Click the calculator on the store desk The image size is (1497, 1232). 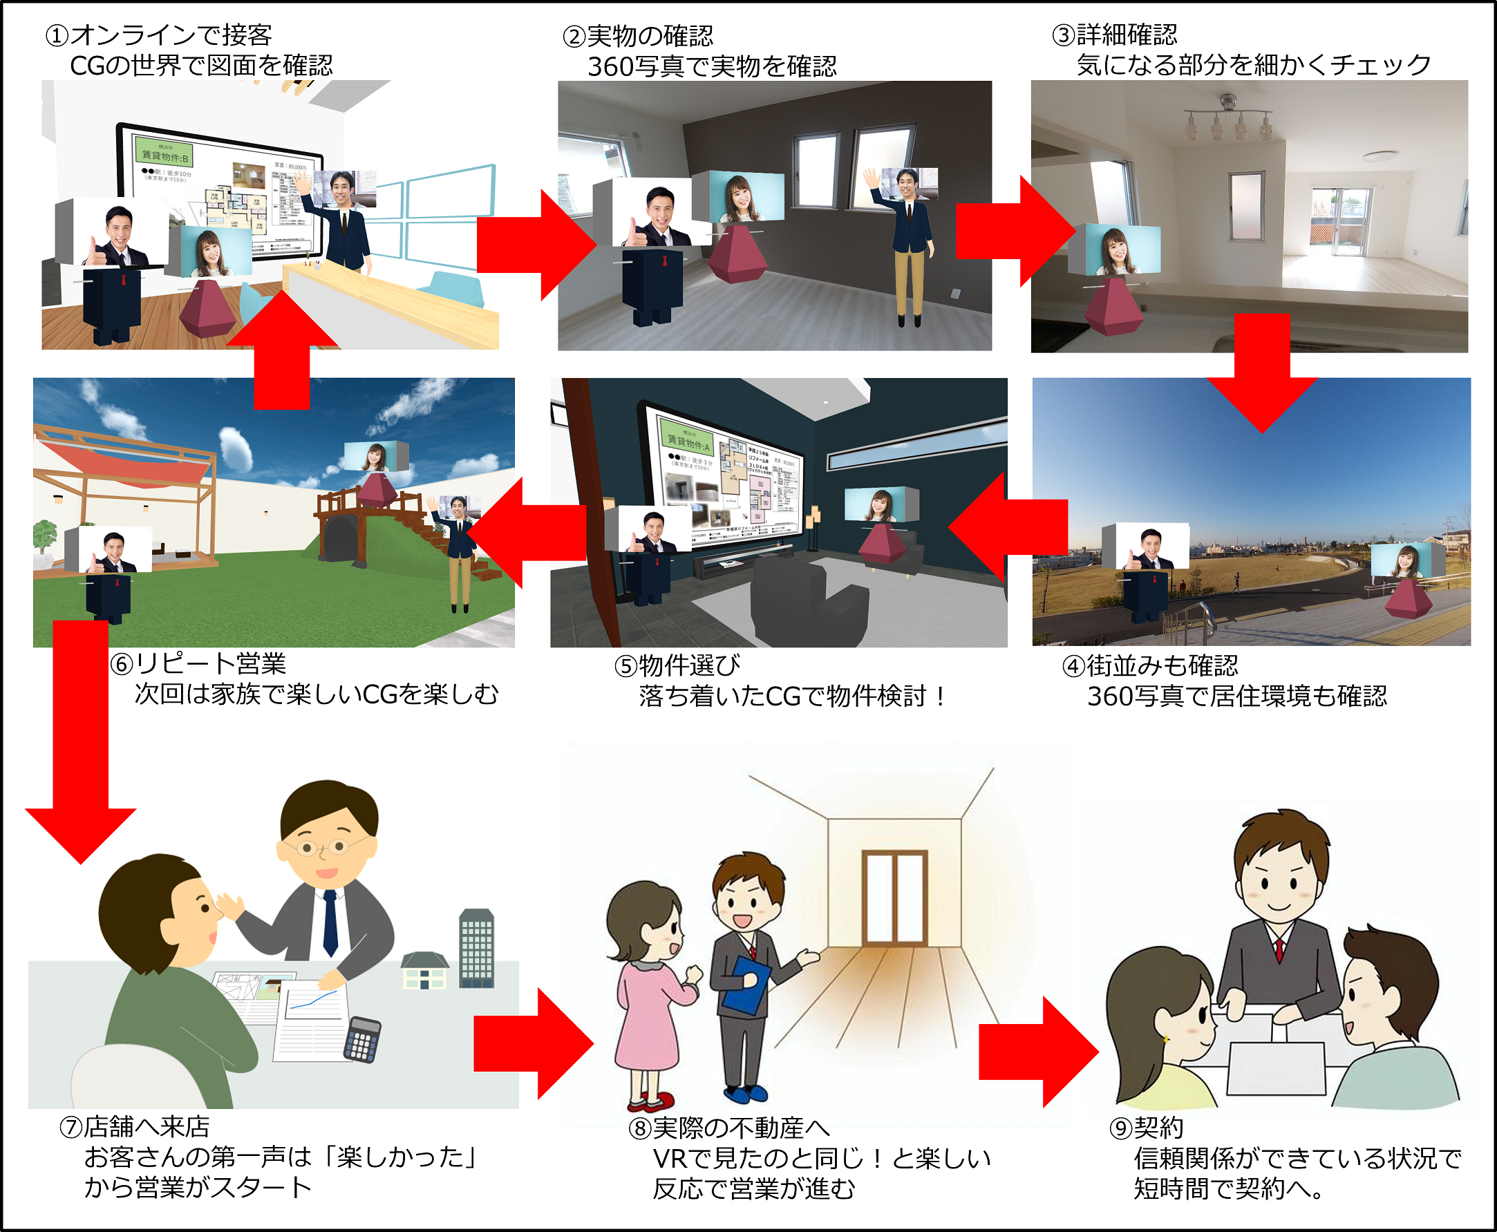coord(362,1041)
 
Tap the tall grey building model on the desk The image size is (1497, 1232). coord(476,948)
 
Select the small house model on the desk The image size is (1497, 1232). coord(424,971)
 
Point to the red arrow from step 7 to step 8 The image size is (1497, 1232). coord(532,1043)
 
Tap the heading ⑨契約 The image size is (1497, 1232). coord(1147,1127)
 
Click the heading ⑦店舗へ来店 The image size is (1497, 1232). coord(135,1126)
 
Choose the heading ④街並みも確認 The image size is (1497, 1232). coord(1151,665)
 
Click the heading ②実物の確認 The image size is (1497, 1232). coord(638,35)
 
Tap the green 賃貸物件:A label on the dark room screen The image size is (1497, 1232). coord(686,440)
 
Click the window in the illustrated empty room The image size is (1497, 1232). coord(894,898)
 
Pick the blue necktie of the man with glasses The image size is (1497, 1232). coord(330,922)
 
